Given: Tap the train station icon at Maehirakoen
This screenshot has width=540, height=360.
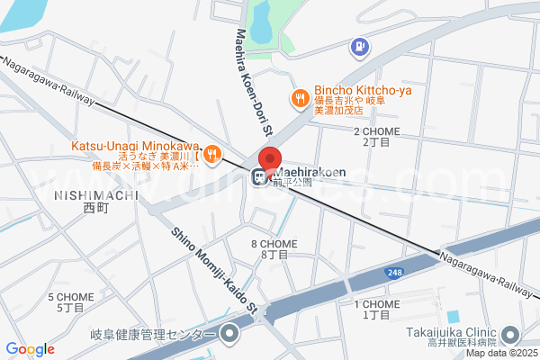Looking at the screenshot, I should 259,175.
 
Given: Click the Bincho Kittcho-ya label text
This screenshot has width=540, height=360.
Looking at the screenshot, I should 350,91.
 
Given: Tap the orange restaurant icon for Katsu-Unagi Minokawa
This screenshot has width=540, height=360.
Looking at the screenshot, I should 211,154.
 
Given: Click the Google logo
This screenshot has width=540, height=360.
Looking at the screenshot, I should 31,349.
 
